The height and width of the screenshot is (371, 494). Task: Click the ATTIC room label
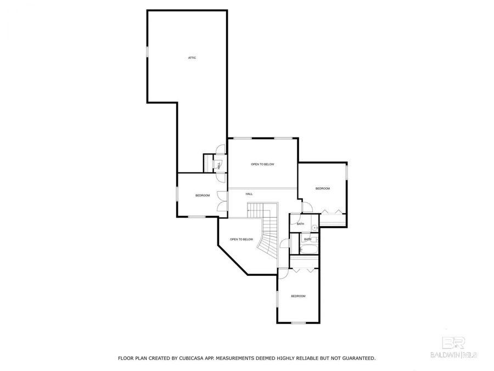coord(192,58)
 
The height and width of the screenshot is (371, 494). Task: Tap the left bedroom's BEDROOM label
coord(203,196)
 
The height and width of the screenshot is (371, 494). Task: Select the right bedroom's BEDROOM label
coord(322,189)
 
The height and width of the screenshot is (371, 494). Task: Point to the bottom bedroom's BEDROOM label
coord(297,296)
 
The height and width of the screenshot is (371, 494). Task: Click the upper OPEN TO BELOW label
coord(262,164)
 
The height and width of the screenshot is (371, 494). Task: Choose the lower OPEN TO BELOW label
coord(242,239)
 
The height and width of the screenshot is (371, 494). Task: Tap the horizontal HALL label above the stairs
coord(249,194)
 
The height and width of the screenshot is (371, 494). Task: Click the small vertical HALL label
coord(219,165)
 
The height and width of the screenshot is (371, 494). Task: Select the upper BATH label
coord(300,224)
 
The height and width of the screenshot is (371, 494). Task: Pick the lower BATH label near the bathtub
coord(307,239)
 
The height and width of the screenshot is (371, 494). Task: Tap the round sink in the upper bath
coord(315,228)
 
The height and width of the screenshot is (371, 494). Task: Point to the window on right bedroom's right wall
coord(346,171)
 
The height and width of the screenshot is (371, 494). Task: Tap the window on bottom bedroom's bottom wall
coord(298,322)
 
